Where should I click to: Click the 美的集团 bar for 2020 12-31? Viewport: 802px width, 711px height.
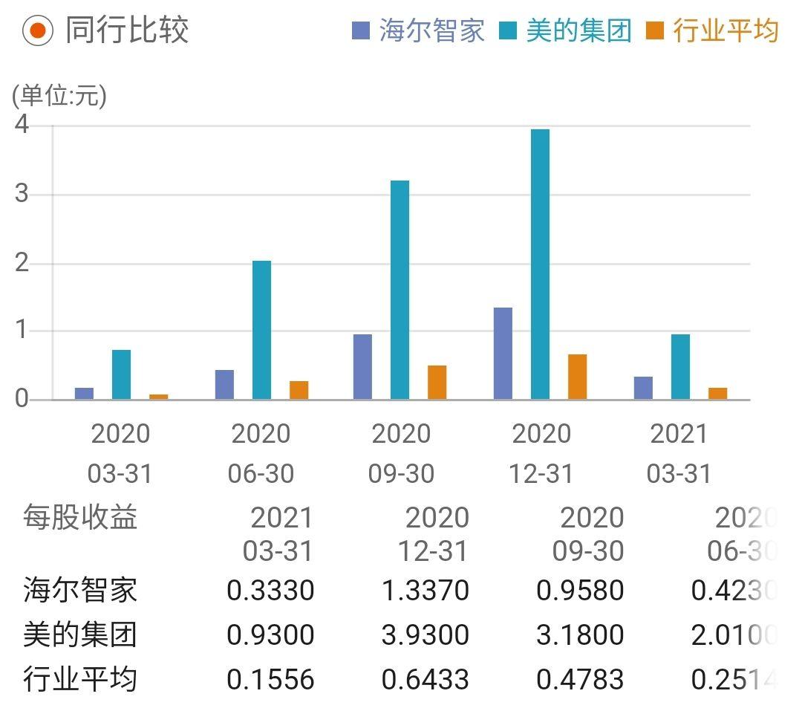point(540,264)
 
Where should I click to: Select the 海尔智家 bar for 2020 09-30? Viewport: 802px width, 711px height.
point(362,367)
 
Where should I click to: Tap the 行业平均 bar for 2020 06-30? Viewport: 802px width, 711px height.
point(299,390)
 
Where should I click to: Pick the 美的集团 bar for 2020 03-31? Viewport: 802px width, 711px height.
point(121,374)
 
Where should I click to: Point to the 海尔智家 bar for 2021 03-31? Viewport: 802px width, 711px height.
point(643,388)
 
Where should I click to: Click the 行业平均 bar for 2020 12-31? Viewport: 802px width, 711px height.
point(577,377)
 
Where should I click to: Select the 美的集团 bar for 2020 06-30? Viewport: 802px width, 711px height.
point(261,330)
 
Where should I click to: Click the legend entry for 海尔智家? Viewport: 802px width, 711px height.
point(419,31)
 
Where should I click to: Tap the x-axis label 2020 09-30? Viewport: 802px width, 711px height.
point(401,453)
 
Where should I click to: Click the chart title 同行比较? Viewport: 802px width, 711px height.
point(127,30)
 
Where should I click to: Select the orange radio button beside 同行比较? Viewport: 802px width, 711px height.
point(37,30)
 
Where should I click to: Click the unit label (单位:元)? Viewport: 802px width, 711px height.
point(59,96)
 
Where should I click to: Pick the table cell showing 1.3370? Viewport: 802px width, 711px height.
point(425,591)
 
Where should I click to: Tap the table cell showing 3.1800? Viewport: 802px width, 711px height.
point(580,635)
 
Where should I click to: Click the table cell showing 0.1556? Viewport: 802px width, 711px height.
point(270,679)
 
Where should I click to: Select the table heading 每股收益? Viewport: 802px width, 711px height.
point(80,517)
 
